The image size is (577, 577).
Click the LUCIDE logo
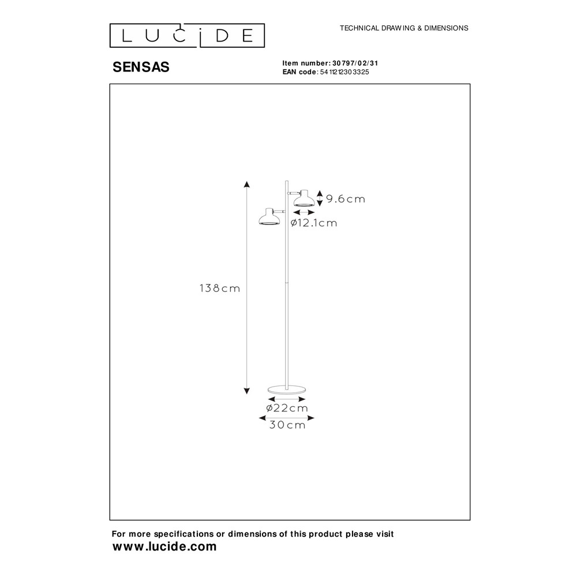(187, 36)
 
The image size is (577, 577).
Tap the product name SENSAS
(141, 67)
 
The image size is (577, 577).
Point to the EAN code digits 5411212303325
(344, 72)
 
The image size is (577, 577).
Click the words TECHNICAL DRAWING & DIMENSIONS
(404, 28)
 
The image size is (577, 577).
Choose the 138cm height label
(220, 288)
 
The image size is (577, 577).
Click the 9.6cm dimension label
(346, 199)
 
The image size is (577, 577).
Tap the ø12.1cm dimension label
(314, 223)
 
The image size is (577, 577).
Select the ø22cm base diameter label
(287, 408)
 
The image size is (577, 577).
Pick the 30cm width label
(287, 425)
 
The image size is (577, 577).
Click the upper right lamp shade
(304, 198)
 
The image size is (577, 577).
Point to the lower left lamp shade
(269, 217)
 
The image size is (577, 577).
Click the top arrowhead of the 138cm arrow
(247, 184)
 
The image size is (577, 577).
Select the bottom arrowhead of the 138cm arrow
(247, 391)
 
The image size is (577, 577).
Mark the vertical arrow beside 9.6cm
(320, 198)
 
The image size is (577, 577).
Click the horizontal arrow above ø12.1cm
(304, 212)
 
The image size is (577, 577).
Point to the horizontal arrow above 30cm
(287, 418)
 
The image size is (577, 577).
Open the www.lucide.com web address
(164, 546)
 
